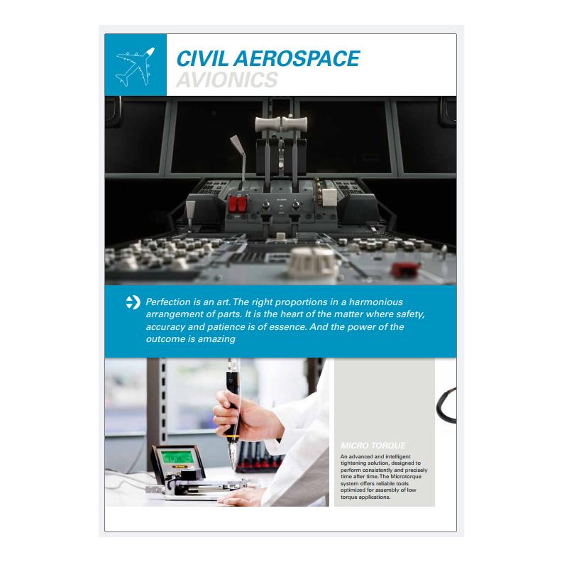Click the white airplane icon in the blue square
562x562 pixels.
tap(135, 67)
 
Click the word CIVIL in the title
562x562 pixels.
tap(202, 58)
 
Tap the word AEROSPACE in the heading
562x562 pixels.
tap(297, 58)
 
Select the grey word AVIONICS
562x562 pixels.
tap(227, 79)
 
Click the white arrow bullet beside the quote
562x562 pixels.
tap(133, 302)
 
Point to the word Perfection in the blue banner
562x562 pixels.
tap(169, 302)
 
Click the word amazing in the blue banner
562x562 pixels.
tap(216, 339)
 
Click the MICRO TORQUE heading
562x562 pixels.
tap(373, 446)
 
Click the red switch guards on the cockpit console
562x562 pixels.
tap(238, 204)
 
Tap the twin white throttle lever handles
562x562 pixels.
tap(282, 123)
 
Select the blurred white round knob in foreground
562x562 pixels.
tap(313, 263)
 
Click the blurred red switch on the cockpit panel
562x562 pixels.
tap(405, 269)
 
